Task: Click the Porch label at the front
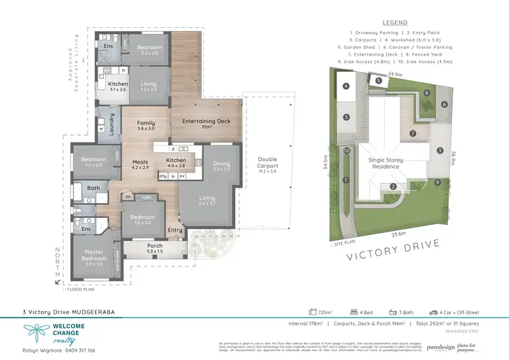(x=155, y=248)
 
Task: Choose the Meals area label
(x=140, y=163)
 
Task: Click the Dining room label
(x=222, y=164)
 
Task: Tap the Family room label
(x=146, y=125)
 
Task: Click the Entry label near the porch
(x=175, y=230)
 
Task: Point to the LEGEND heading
(x=395, y=22)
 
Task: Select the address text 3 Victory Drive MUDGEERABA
(x=64, y=312)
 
